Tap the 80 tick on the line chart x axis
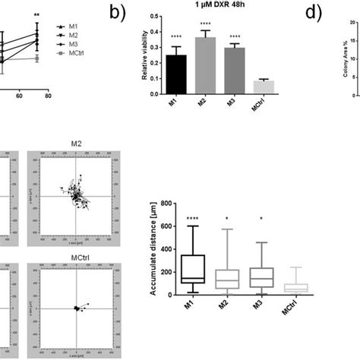tap(48, 96)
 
